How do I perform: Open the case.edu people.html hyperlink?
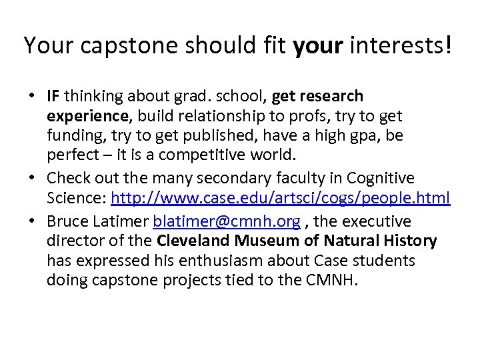tap(281, 199)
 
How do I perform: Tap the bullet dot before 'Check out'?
tap(32, 179)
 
